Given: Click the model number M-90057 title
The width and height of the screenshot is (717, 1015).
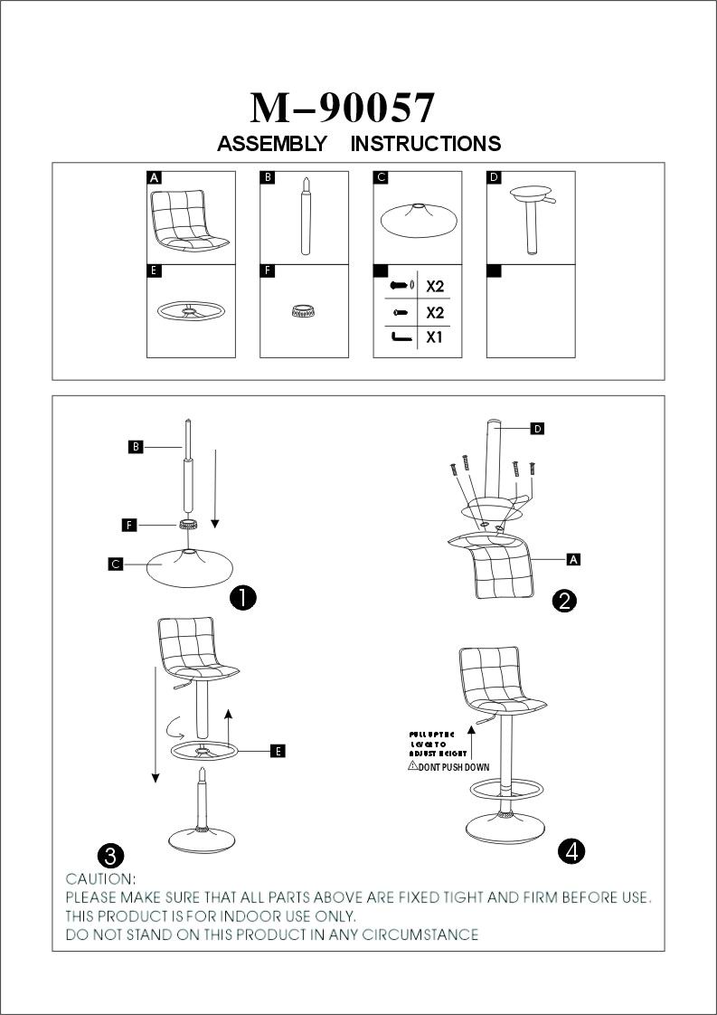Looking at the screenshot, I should [343, 108].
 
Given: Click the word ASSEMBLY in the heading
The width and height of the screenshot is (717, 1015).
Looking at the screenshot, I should [272, 144].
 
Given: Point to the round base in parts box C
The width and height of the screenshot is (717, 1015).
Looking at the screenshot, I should [417, 221].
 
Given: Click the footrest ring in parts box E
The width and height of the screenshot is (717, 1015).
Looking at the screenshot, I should [190, 311].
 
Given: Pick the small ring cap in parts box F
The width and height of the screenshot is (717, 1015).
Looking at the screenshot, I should [304, 311].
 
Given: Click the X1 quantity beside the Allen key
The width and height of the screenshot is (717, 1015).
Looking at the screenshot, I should [435, 338].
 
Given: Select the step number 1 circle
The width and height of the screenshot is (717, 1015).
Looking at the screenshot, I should [243, 596].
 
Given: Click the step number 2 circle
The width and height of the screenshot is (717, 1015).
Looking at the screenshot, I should [564, 601].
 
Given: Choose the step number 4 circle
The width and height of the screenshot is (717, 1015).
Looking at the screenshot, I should [571, 850].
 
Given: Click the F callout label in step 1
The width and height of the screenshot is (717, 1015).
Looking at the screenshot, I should [129, 525].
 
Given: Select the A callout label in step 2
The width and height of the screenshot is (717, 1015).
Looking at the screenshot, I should [572, 559].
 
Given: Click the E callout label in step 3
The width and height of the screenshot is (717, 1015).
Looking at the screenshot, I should [278, 751].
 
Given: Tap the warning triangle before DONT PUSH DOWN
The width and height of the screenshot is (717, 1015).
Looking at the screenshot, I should [412, 765].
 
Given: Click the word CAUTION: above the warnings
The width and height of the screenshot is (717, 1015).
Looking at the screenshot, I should [101, 878].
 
